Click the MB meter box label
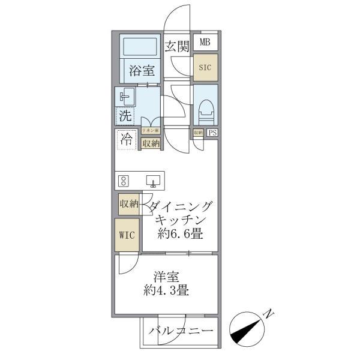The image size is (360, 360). (205, 42)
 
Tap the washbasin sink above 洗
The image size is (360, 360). (125, 97)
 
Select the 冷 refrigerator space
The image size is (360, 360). (127, 140)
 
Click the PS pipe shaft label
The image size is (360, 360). (212, 133)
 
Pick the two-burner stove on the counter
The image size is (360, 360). (124, 180)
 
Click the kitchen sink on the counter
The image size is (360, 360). (152, 180)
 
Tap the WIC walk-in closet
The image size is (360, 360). (126, 235)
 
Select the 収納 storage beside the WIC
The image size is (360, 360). (128, 204)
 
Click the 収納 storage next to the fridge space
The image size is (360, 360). (151, 143)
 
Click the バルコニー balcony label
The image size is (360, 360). (181, 331)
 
